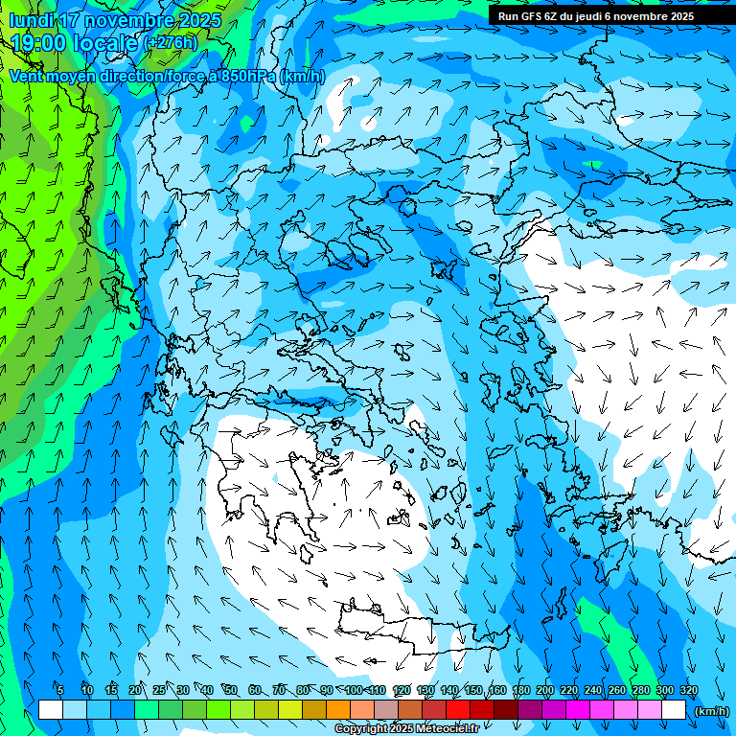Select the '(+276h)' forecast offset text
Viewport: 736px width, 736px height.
tap(172, 43)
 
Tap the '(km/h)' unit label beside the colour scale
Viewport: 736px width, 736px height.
tap(711, 711)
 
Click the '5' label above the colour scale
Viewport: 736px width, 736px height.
tap(60, 691)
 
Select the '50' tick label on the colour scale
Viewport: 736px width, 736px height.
tap(231, 691)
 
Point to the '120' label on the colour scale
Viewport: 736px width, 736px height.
tap(402, 691)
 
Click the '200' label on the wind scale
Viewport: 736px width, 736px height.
tap(545, 691)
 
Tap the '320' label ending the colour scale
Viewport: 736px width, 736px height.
tap(689, 691)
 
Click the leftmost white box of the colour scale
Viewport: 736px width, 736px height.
tap(51, 710)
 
